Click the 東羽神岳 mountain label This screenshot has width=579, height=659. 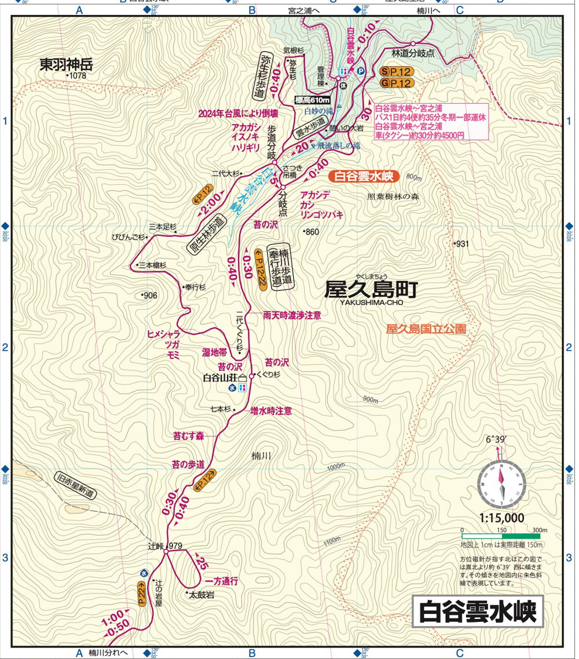click(66, 64)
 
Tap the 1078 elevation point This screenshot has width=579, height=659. click(77, 76)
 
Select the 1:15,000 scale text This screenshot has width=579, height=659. click(501, 518)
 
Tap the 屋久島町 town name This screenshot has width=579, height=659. click(371, 288)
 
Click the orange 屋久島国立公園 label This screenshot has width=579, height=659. click(426, 329)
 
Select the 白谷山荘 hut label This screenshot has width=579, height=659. click(221, 378)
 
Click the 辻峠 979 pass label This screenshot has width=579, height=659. click(165, 546)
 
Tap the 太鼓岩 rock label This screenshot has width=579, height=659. click(202, 594)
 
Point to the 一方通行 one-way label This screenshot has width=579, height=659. click(222, 581)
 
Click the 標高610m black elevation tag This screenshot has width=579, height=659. click(312, 100)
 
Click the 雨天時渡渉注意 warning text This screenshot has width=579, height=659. click(292, 315)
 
